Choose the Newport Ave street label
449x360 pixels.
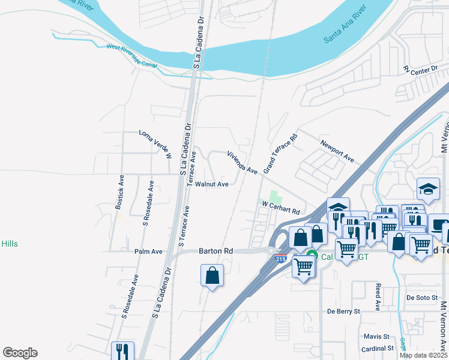click(x=337, y=152)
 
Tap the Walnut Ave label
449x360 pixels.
click(x=211, y=184)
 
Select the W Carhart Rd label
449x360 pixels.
click(x=280, y=208)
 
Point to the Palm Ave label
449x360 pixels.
click(x=149, y=251)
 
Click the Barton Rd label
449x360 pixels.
click(x=215, y=251)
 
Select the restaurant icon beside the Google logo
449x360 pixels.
click(x=122, y=351)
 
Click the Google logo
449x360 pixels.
click(x=20, y=353)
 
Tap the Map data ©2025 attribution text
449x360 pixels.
click(x=423, y=355)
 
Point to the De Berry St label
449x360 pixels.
click(x=343, y=311)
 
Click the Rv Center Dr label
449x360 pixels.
click(x=421, y=70)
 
